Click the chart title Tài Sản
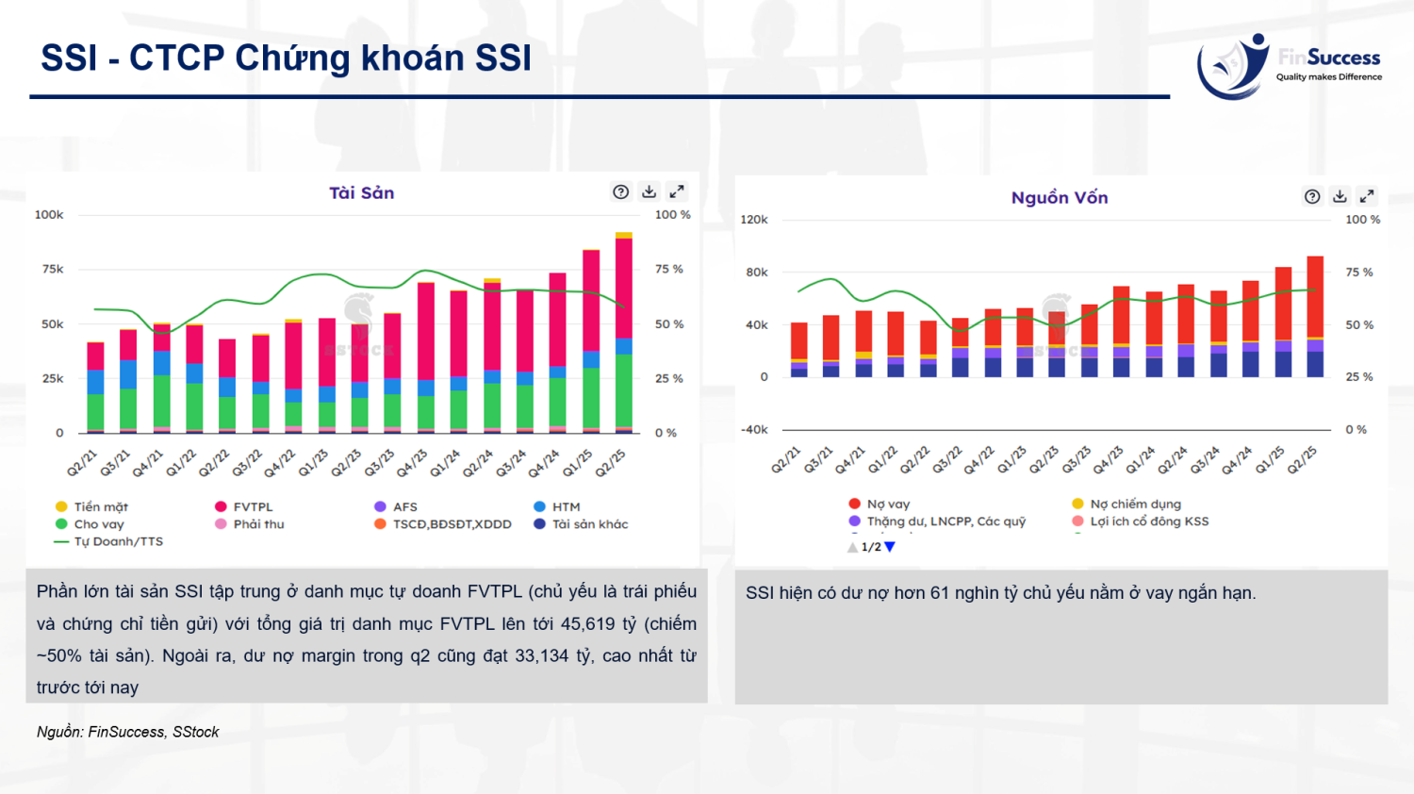(361, 193)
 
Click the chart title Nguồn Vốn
(1059, 198)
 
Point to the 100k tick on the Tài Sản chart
(49, 215)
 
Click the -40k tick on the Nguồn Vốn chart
(754, 430)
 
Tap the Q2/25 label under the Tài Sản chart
(611, 462)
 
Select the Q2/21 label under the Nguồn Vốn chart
(785, 459)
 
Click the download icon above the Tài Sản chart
(649, 192)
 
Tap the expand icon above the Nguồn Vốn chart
(1367, 196)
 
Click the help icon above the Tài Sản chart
(620, 192)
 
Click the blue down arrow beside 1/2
(890, 547)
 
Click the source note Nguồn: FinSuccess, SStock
(127, 732)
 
